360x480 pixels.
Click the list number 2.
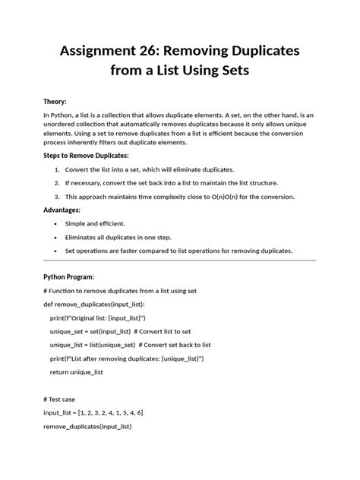(57, 183)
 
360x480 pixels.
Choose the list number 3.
(57, 197)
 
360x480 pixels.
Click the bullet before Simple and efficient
(57, 224)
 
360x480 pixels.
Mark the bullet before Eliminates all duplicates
(57, 237)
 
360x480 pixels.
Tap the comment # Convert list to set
(162, 331)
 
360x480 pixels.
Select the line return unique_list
(77, 372)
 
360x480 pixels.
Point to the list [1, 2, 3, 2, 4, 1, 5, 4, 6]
(111, 412)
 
